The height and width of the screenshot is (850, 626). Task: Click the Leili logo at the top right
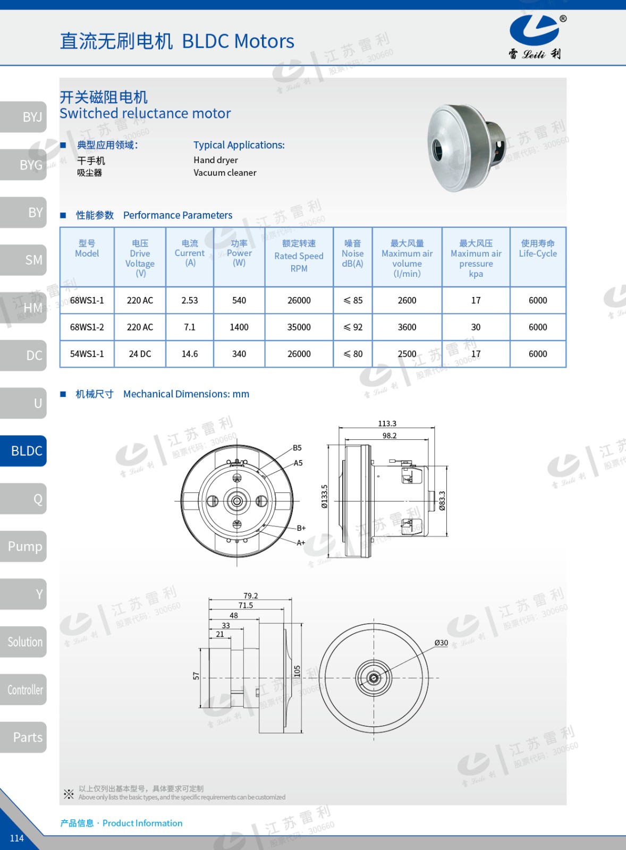click(537, 37)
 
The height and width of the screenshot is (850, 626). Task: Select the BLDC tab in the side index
click(23, 451)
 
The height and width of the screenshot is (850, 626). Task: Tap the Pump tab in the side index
click(23, 547)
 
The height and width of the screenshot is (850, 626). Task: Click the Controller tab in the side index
click(23, 690)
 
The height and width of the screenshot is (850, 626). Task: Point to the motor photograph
click(467, 148)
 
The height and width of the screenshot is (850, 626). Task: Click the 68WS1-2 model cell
click(87, 327)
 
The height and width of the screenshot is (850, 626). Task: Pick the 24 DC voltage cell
click(140, 354)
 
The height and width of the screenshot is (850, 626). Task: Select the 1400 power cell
click(239, 327)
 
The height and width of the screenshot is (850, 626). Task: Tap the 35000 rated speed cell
click(299, 327)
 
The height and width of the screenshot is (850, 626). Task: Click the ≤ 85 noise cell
click(353, 300)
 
